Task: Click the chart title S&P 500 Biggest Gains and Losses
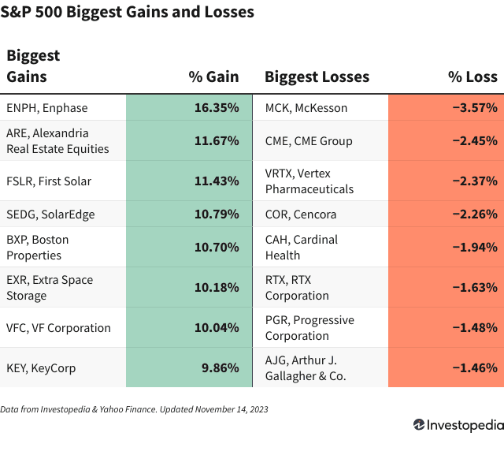pos(131,13)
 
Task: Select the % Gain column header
pos(213,76)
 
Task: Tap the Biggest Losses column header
pos(317,76)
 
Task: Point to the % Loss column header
pos(472,76)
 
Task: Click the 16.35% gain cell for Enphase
pos(217,107)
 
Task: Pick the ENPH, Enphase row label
pos(47,107)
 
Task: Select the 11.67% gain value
pos(217,140)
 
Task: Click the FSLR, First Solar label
pos(49,181)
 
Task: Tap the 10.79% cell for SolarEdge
pos(217,214)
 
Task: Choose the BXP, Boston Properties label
pos(38,247)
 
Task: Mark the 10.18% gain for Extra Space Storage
pos(217,287)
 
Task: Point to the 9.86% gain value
pos(220,367)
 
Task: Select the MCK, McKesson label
pos(306,107)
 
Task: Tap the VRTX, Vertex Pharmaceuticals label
pos(309,181)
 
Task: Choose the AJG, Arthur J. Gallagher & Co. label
pos(310,367)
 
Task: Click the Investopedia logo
pos(458,425)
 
